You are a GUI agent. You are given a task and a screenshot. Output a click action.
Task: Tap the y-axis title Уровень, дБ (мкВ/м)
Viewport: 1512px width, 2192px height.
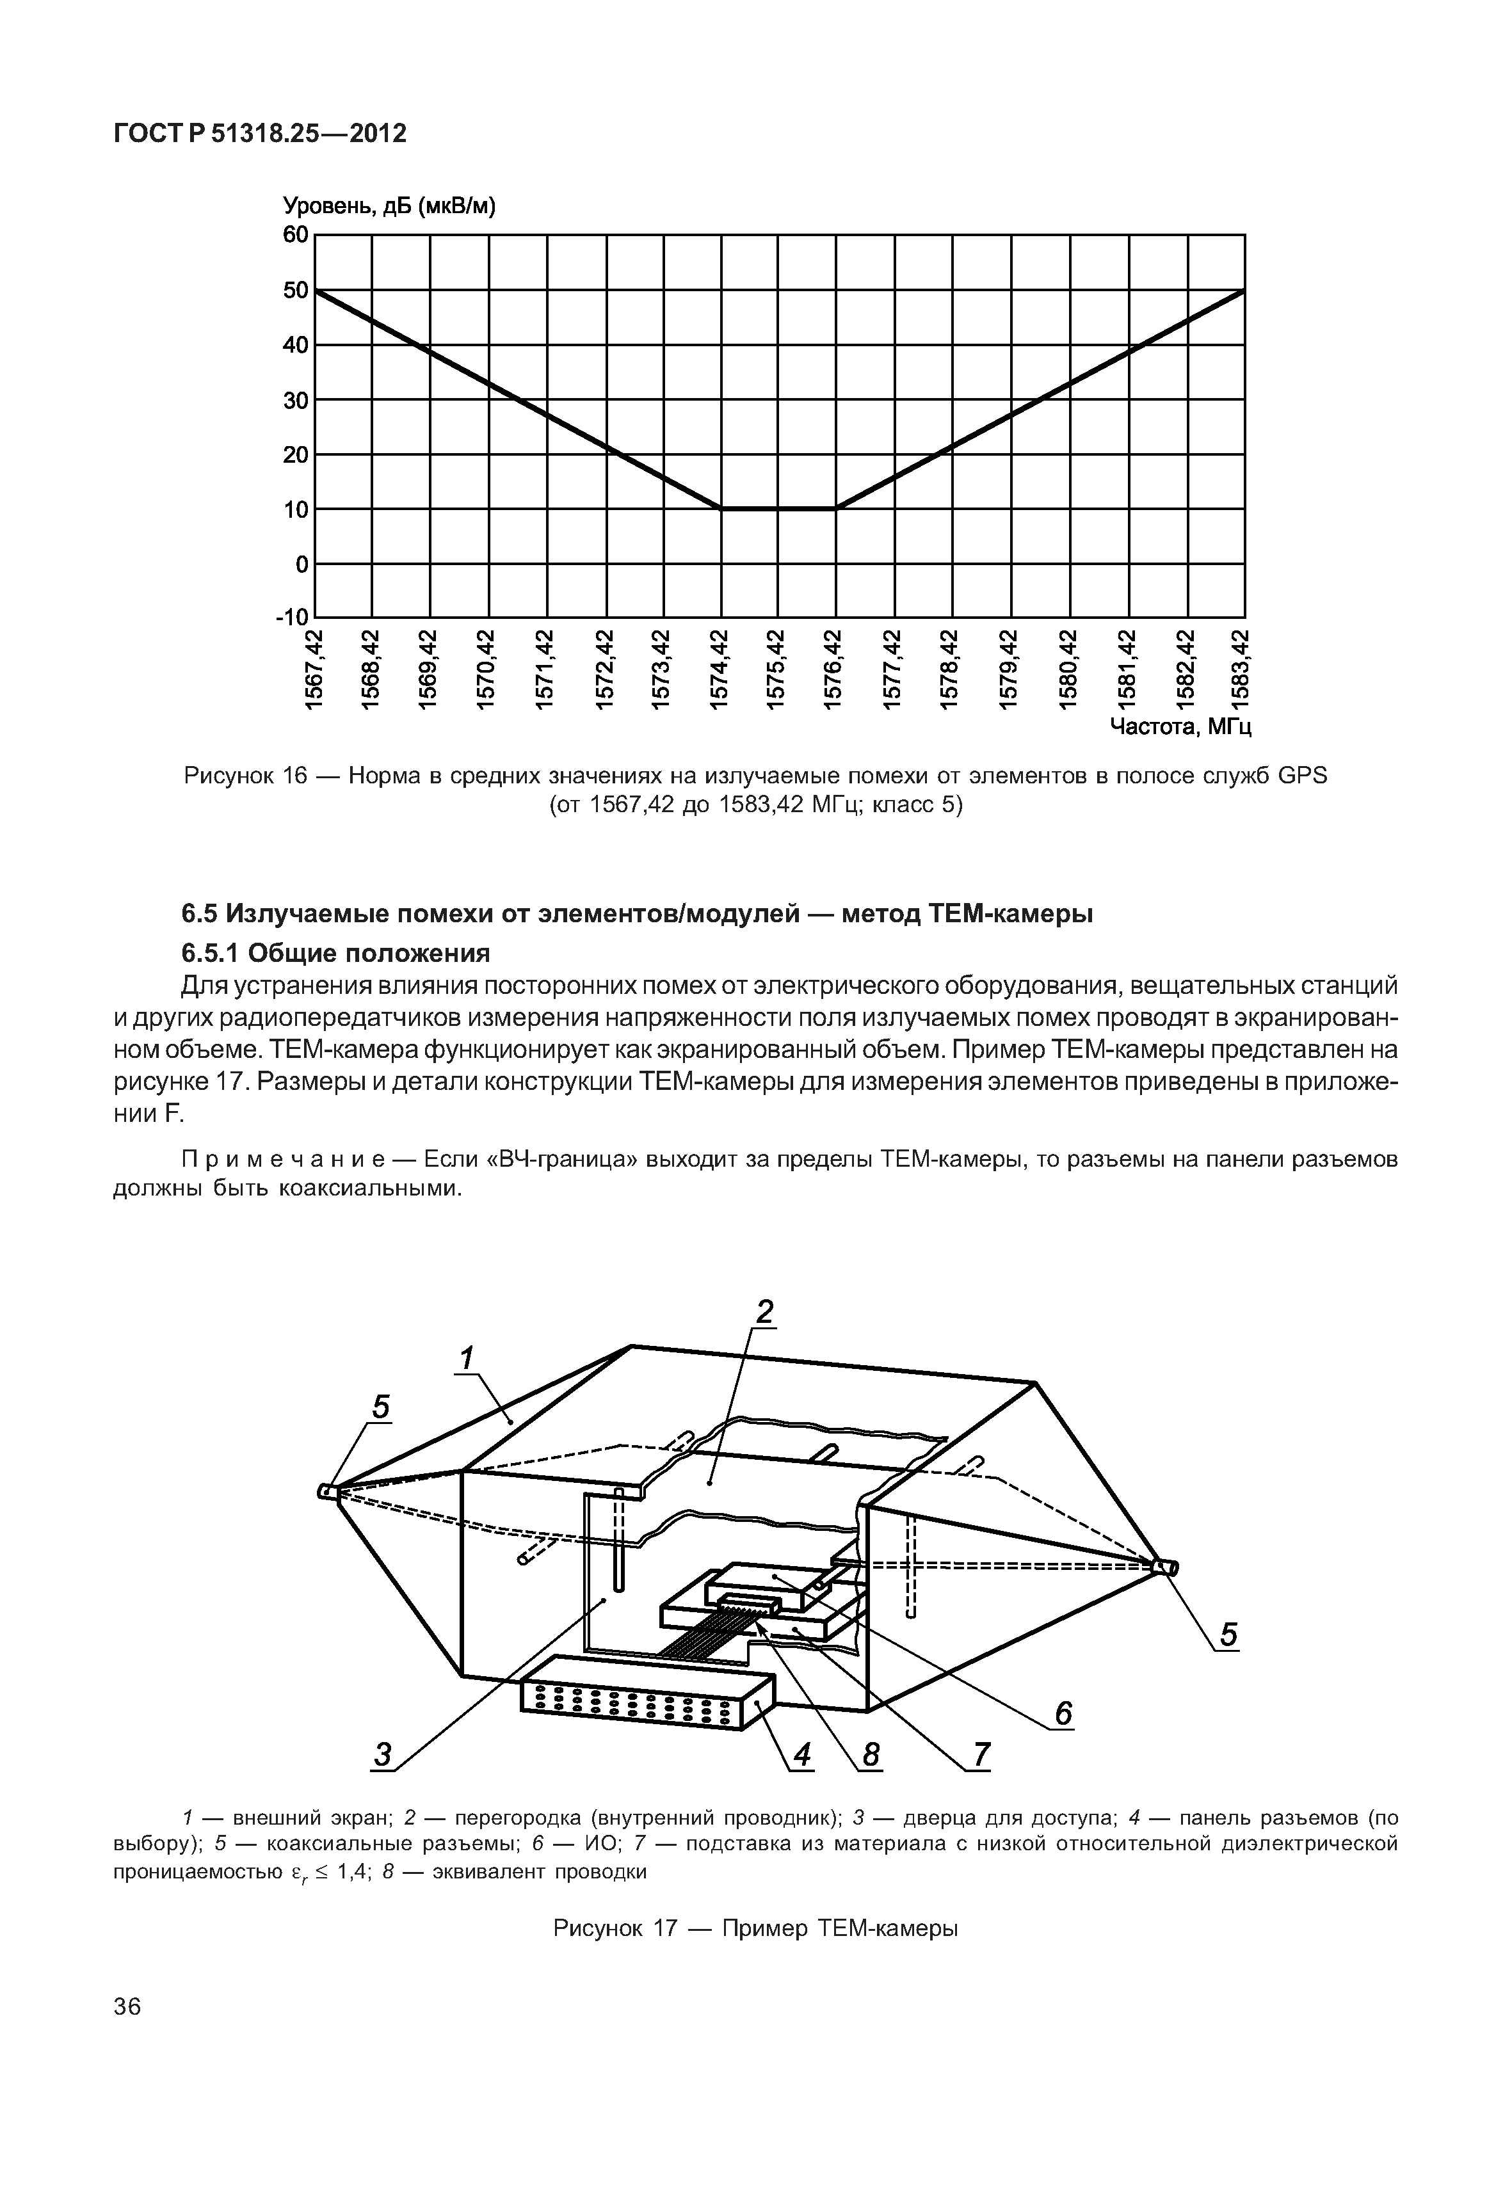coord(389,207)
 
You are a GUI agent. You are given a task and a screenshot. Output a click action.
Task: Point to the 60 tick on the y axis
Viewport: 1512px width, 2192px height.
coord(296,234)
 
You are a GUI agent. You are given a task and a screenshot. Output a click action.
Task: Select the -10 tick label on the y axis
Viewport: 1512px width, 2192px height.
coord(292,618)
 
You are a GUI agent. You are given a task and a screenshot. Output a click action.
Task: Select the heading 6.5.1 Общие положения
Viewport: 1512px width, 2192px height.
coord(335,952)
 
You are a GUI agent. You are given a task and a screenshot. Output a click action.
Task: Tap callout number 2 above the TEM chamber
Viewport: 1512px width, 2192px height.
coord(764,1312)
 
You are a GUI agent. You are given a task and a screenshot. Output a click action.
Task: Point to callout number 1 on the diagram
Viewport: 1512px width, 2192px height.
coord(465,1359)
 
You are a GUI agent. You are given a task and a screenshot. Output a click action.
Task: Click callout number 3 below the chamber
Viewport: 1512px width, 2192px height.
coord(382,1756)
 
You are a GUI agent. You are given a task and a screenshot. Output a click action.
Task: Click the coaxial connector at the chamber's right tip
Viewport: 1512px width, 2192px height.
coord(1167,1569)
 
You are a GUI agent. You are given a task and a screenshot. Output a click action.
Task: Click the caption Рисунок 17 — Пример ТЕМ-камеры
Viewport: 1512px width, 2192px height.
coord(755,1929)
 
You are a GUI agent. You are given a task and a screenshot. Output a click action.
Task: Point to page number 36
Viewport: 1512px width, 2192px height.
coord(127,2034)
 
